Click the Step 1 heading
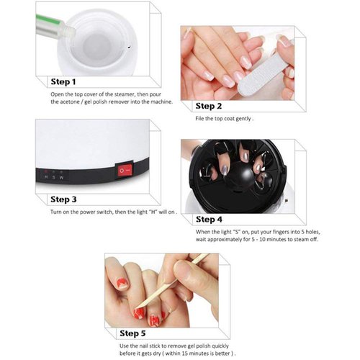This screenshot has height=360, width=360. click(72, 81)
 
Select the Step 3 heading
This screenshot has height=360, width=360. click(72, 199)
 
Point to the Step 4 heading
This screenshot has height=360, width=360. click(215, 219)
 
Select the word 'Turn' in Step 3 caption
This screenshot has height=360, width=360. click(57, 213)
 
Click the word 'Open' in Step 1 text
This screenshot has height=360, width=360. click(58, 94)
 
